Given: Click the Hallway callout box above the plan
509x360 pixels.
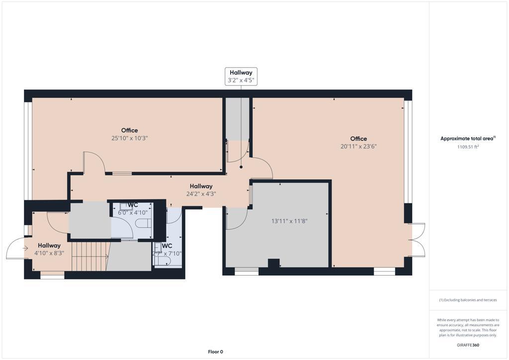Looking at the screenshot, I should click(241, 76).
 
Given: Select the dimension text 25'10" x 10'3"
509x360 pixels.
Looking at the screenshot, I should click(130, 138).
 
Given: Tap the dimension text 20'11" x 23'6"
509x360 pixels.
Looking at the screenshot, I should click(358, 147).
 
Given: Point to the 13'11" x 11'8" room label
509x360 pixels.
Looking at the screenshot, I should click(289, 221).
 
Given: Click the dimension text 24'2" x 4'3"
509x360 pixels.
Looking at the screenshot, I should click(201, 194).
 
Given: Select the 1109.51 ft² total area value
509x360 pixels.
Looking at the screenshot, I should click(468, 147).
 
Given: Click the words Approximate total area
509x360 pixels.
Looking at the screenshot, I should click(468, 139).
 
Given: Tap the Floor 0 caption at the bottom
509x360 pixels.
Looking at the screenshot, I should click(215, 352).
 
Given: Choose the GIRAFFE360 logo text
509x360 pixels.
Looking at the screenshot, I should click(468, 345).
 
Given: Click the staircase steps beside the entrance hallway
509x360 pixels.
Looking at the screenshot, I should click(89, 256).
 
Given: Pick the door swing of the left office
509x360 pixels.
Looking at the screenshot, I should click(94, 163).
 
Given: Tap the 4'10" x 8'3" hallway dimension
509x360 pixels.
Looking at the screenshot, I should click(49, 253).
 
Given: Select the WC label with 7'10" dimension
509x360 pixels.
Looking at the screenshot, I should click(167, 250).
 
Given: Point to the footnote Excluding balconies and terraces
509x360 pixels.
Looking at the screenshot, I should click(468, 300).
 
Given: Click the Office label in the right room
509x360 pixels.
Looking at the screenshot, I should click(358, 139).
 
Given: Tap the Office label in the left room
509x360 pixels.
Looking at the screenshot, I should click(130, 130).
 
